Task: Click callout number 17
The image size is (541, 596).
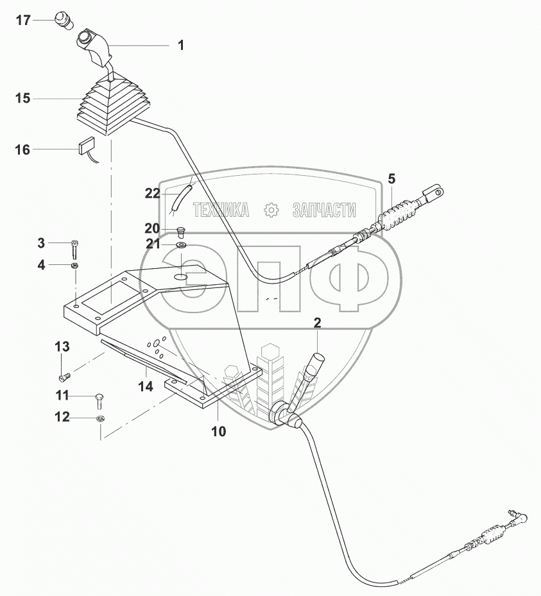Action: pos(22,21)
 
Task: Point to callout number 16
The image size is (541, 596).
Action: pos(22,150)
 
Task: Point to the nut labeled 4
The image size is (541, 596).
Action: pos(75,265)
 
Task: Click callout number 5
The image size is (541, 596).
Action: pos(391,179)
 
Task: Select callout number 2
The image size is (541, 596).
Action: pos(317,323)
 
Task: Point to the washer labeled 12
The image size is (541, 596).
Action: pos(100,419)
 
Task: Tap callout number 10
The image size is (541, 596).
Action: pos(219,431)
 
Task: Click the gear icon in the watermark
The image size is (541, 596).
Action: pos(271,210)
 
